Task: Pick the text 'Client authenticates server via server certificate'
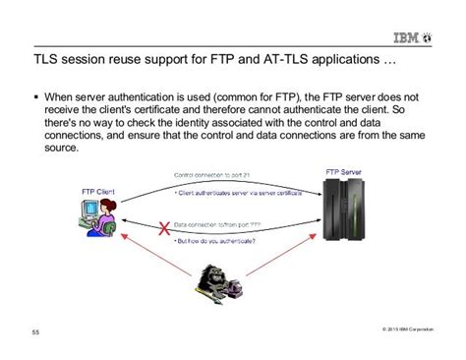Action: pos(241,194)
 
